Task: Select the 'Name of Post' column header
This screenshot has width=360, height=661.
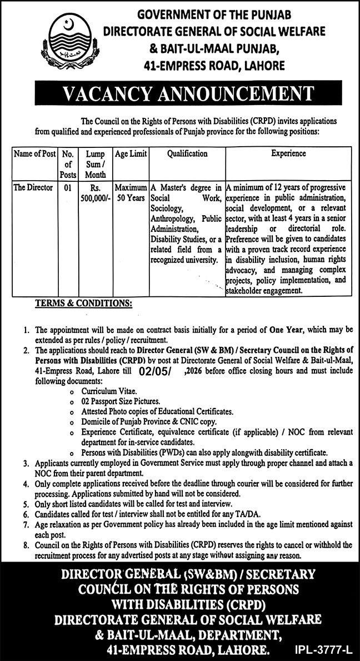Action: (34, 153)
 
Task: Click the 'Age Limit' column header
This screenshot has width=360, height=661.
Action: (131, 153)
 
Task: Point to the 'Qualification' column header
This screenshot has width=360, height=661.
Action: (187, 153)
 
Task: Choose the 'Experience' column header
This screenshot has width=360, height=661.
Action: (288, 153)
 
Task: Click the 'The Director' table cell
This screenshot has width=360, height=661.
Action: (33, 188)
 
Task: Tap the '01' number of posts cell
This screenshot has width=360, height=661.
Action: (68, 188)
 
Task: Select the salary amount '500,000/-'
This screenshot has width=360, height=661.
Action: (96, 198)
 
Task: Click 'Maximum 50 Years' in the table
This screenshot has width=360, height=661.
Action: (131, 193)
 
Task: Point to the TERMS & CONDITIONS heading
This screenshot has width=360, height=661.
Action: (84, 304)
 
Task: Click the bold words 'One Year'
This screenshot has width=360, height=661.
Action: (286, 330)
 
